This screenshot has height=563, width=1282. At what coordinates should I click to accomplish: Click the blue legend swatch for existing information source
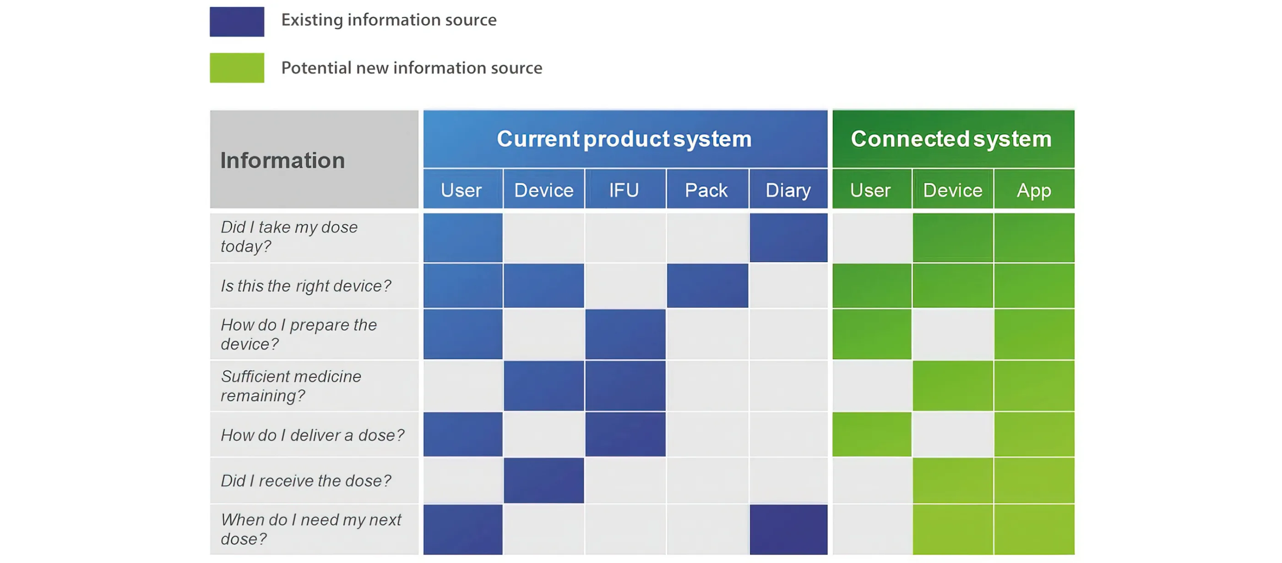pos(237,22)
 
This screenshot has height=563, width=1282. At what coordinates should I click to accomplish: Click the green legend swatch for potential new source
pos(237,68)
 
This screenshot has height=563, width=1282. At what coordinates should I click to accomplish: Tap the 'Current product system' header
pos(624,138)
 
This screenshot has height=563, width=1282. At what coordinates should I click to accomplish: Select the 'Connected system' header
pos(951,138)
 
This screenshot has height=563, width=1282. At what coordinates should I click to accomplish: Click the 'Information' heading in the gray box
pos(282,160)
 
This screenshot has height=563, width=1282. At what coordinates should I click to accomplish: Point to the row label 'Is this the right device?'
pos(306,286)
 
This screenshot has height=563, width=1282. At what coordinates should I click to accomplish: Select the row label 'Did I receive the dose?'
pos(306,481)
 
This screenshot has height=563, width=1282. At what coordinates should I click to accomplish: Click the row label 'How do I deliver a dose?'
pos(313,435)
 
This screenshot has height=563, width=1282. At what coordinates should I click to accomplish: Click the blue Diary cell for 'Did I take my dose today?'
pos(788,237)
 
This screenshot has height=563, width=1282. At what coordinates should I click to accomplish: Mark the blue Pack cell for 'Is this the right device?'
pos(707,286)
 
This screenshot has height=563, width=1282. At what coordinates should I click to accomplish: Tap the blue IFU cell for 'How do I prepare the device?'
pos(625,334)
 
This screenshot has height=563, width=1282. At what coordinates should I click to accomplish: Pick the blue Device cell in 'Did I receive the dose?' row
pos(543,481)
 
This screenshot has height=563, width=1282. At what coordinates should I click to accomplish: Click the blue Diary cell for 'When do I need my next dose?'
pos(788,529)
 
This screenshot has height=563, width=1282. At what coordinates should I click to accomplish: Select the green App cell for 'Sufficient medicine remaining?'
pos(1034,386)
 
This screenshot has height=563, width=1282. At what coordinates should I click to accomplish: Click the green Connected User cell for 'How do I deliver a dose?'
pos(872,434)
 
